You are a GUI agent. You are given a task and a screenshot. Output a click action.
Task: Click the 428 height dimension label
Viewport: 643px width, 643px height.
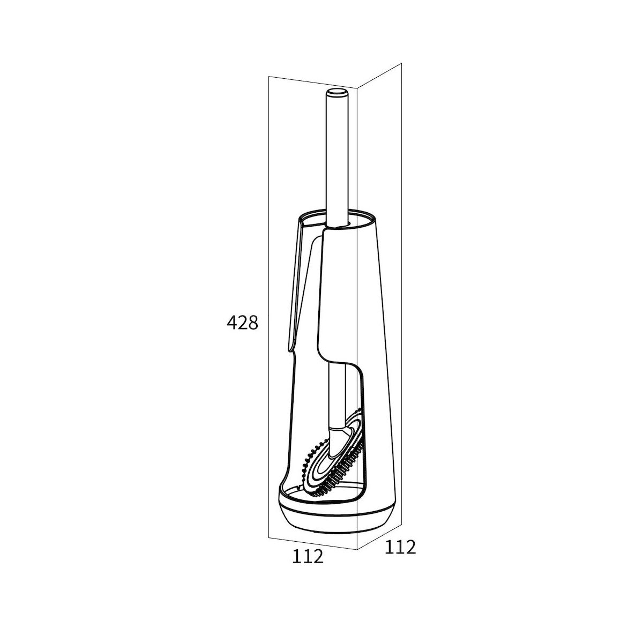pos(242,323)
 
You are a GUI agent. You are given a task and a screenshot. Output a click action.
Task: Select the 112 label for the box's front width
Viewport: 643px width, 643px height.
pos(308,563)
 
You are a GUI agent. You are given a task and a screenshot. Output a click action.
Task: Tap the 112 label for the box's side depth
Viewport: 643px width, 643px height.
pos(400,547)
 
